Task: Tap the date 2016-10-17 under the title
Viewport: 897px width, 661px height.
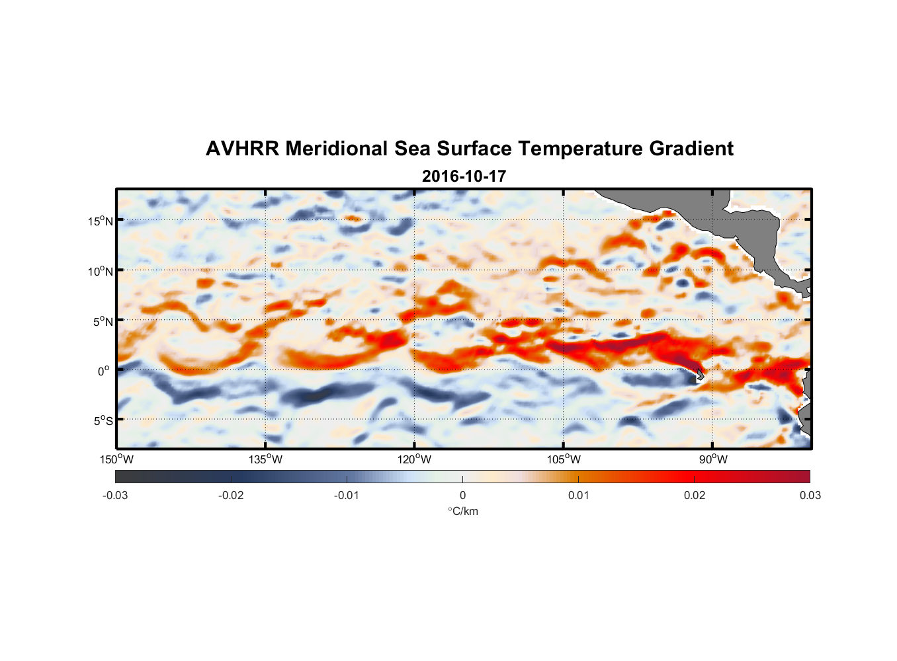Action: [x=464, y=176]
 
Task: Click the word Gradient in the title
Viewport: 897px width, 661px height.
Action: [x=691, y=149]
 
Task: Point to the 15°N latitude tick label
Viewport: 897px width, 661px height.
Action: [x=100, y=221]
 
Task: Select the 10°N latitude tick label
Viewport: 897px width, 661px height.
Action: [x=100, y=271]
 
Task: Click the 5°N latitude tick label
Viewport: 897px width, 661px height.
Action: [x=102, y=321]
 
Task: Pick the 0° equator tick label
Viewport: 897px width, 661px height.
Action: [x=104, y=371]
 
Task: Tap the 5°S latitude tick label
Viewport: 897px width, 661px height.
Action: [x=102, y=421]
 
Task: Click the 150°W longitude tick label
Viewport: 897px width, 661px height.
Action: [x=116, y=459]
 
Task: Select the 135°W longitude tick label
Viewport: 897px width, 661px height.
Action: [x=265, y=459]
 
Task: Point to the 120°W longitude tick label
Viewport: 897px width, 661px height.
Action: [x=414, y=459]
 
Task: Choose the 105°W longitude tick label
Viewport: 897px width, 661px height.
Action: [x=564, y=459]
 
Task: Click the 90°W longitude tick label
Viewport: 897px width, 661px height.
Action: [x=712, y=459]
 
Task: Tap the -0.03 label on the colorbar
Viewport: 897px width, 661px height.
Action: [x=115, y=495]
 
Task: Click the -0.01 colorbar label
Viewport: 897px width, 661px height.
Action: [x=347, y=495]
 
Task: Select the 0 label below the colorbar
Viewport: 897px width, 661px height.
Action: [x=462, y=495]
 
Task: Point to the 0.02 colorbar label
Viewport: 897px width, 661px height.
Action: [x=695, y=495]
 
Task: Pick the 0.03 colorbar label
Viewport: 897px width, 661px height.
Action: [x=810, y=495]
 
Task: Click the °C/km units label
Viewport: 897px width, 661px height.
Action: [x=462, y=511]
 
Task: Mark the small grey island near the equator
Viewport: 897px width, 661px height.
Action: [x=699, y=375]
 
